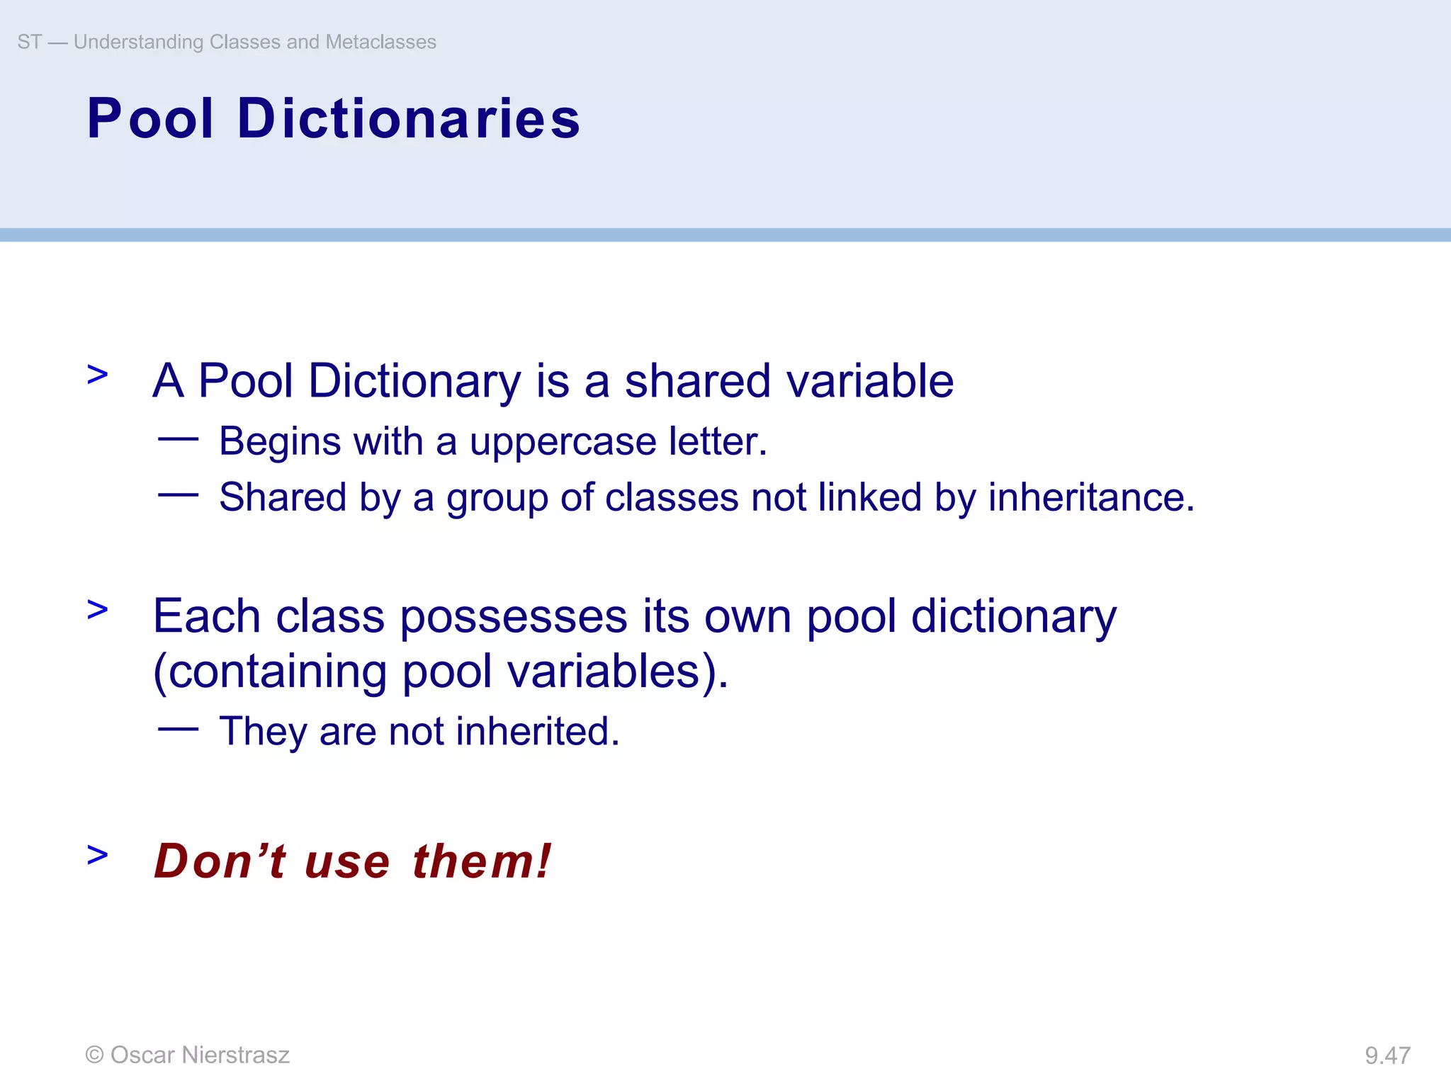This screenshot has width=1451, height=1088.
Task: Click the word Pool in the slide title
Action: pos(150,118)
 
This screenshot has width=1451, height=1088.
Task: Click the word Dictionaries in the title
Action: pos(409,118)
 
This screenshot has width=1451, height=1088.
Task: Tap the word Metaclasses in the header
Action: pos(380,42)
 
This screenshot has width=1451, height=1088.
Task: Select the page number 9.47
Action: pos(1387,1055)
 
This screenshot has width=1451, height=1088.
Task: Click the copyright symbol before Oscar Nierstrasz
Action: pos(94,1055)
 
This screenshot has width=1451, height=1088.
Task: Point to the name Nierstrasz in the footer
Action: pos(235,1055)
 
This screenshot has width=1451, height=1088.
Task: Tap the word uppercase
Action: pos(563,442)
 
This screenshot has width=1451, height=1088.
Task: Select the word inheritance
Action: pos(1090,497)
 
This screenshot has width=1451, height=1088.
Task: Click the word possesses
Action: pos(514,616)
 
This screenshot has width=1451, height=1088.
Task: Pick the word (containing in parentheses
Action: pos(270,671)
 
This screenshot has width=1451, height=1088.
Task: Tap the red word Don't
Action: pos(220,861)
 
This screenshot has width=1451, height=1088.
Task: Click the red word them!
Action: pos(482,861)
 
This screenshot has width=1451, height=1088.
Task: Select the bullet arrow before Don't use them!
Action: pos(98,855)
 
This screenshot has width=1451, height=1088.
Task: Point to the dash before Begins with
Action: pos(178,439)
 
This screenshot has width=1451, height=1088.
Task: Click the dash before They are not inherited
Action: pos(178,728)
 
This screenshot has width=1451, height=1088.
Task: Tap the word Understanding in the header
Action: pos(139,42)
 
